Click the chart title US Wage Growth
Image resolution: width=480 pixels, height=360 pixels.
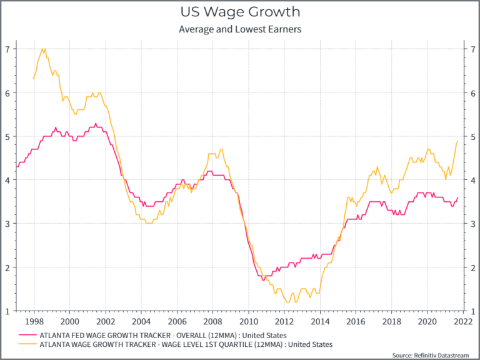tap(240, 12)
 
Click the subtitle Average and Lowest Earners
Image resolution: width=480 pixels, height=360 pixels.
tap(240, 29)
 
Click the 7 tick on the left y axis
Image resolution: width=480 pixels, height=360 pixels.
tap(7, 49)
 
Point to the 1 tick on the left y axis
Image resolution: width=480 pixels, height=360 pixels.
tap(7, 311)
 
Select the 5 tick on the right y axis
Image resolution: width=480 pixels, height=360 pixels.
tap(472, 136)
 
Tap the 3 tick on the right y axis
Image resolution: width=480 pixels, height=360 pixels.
tap(472, 223)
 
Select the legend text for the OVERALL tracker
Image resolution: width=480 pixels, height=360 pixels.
tap(163, 336)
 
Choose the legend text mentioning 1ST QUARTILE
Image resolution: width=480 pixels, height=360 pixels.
tap(186, 344)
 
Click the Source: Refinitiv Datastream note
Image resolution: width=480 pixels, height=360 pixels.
tap(430, 355)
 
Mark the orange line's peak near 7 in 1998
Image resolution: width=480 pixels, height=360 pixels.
tap(42, 49)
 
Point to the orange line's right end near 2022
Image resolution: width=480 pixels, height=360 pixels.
tap(457, 141)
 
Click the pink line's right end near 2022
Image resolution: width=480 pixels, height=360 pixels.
tap(457, 197)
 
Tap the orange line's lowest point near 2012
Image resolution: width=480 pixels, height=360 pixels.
tap(287, 302)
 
